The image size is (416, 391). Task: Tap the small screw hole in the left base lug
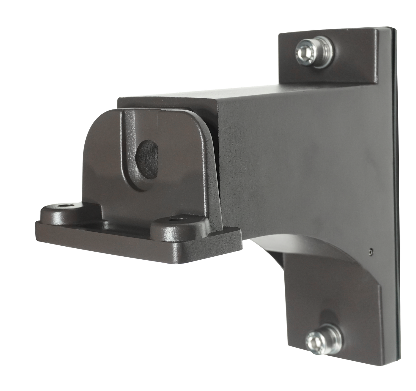64,205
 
